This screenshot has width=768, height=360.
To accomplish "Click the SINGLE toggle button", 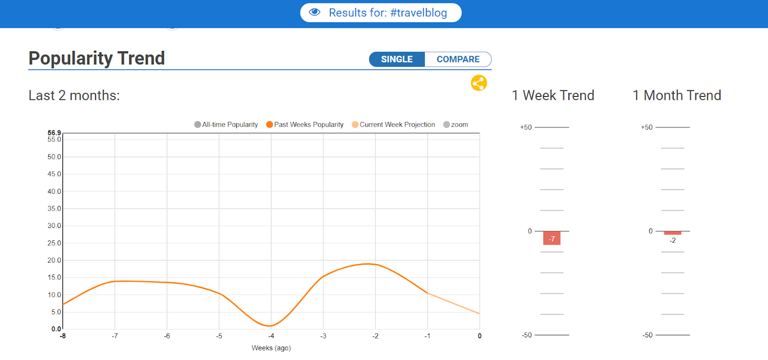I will (396, 60).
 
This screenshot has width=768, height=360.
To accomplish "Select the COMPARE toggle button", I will (458, 60).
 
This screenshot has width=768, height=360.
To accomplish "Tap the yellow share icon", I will (479, 83).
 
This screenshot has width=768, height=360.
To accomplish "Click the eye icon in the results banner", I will (314, 12).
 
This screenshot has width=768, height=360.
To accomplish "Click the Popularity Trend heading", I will (96, 58).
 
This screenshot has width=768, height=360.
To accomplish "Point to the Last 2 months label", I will (74, 96).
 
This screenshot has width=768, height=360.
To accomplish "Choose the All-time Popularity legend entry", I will (226, 124).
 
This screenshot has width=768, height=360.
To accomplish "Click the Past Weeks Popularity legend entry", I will (305, 124).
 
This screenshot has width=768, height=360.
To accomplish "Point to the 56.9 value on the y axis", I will (54, 132).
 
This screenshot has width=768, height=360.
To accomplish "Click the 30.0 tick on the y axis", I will (54, 226).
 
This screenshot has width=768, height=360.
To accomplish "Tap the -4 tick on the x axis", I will (271, 336).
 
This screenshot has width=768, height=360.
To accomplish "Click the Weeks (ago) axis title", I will (271, 348).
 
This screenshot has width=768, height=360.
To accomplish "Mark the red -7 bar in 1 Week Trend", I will (552, 238).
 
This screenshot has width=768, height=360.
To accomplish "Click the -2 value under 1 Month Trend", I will (672, 240).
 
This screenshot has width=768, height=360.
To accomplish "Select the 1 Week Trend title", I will (552, 96).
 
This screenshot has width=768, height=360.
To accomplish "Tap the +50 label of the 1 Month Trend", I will (647, 127).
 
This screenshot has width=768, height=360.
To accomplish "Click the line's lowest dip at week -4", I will (271, 326).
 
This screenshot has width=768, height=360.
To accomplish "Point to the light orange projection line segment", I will (454, 303).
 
